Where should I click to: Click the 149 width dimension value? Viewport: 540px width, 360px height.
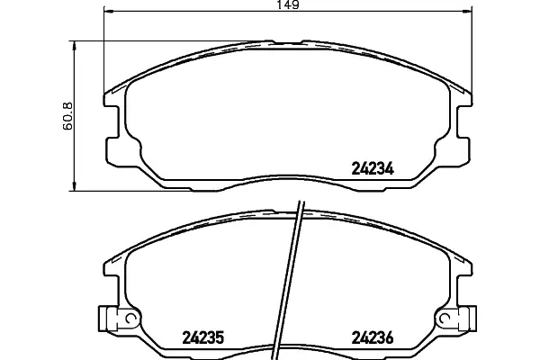[x=288, y=4]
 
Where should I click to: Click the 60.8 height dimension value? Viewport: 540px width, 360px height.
[x=67, y=116]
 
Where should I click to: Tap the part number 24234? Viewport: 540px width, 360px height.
[x=373, y=169]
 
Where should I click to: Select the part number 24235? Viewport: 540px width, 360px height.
[x=202, y=337]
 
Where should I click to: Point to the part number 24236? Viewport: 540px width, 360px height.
[x=373, y=337]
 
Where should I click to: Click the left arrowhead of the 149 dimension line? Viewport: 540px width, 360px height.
[x=109, y=12]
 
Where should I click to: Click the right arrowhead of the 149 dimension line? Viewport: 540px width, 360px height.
[x=468, y=12]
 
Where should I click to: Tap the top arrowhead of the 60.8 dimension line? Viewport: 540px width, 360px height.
[x=74, y=46]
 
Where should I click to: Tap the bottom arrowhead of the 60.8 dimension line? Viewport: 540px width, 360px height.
[x=74, y=186]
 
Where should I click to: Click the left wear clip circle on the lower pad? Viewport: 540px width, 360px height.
[x=130, y=319]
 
